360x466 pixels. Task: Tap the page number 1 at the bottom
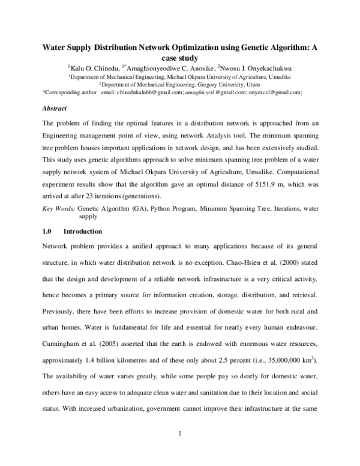pyautogui.click(x=180, y=449)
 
